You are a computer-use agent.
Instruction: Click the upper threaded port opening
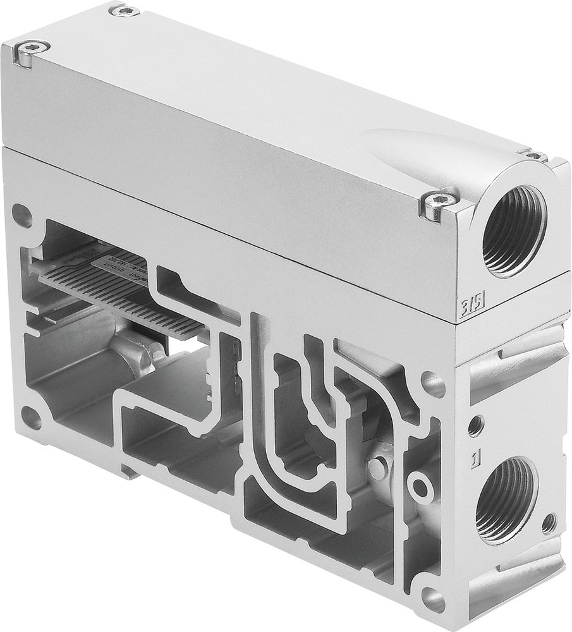point(513,231)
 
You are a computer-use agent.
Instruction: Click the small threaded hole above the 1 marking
point(475,425)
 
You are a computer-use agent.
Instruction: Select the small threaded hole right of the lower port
point(549,523)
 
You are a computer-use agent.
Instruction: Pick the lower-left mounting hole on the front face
point(31,418)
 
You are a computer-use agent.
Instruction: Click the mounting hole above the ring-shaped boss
point(434,382)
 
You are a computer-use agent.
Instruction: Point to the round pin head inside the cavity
point(377,467)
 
